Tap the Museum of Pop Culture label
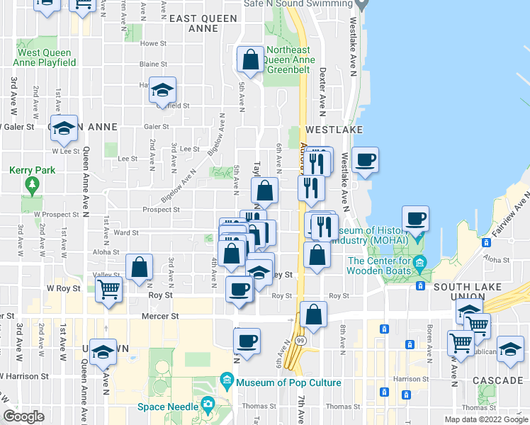point(288,383)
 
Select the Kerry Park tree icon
point(31,186)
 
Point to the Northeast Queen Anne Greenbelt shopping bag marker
point(251,62)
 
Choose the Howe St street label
point(152,43)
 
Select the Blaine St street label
point(152,64)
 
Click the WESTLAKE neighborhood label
point(334,130)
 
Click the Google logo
point(24,416)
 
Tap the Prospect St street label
point(161,210)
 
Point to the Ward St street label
point(125,232)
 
